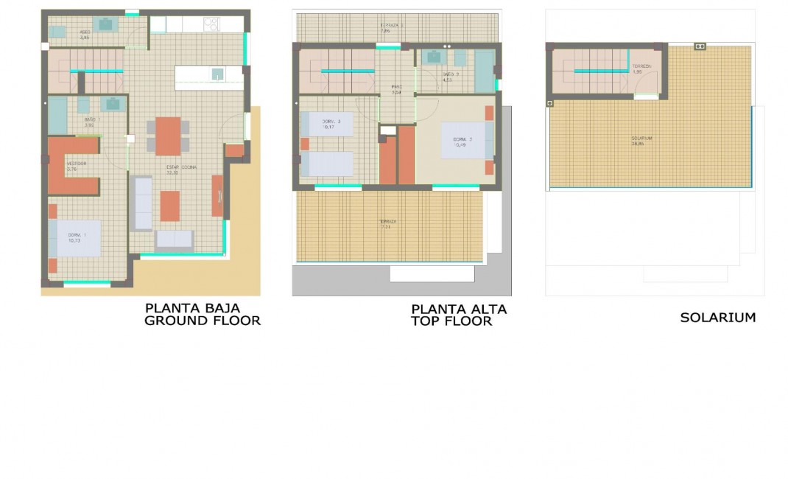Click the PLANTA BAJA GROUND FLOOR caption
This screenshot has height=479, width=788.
tap(202, 314)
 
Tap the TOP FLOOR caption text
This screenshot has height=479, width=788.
tap(451, 321)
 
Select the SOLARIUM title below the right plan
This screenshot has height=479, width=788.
tap(717, 318)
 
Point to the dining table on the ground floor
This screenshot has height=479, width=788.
tap(168, 136)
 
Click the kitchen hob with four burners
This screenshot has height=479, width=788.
tap(211, 24)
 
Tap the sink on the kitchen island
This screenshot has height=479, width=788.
tap(217, 74)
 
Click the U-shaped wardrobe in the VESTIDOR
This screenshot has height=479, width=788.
tap(70, 167)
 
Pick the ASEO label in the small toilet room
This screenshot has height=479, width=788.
tap(85, 34)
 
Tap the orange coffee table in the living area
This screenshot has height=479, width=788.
tap(170, 206)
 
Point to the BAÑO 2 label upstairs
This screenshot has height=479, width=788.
tap(451, 76)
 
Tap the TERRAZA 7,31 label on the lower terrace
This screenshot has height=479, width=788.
tap(388, 223)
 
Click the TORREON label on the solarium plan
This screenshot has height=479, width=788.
tap(641, 69)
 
